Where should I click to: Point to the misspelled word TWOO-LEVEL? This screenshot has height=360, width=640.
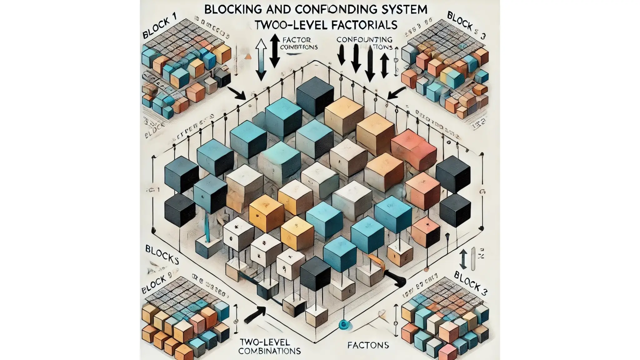click(x=286, y=25)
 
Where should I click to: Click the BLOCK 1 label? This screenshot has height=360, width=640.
click(x=159, y=29)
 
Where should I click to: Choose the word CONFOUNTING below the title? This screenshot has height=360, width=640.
click(x=364, y=40)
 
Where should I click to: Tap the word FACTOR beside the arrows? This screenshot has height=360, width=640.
click(x=296, y=40)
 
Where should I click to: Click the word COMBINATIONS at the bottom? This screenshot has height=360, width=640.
click(x=269, y=351)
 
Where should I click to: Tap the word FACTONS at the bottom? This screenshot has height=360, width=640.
click(x=368, y=345)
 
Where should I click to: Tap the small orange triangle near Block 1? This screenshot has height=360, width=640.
click(x=248, y=57)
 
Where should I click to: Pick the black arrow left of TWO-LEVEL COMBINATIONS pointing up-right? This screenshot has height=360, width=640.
click(x=254, y=314)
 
